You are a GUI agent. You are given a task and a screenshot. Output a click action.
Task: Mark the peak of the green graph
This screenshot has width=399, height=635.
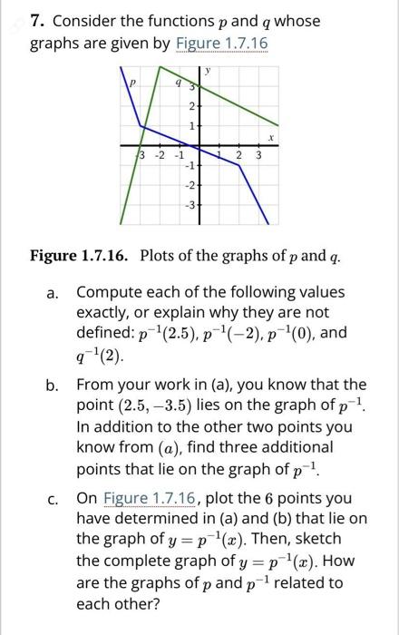pos(161,67)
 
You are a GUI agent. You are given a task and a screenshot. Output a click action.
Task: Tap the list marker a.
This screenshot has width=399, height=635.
pos(52,293)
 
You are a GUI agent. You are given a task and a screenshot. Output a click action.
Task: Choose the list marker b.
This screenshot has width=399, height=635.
pos(52,385)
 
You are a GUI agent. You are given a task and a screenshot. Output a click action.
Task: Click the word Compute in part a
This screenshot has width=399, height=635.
pos(110,293)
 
